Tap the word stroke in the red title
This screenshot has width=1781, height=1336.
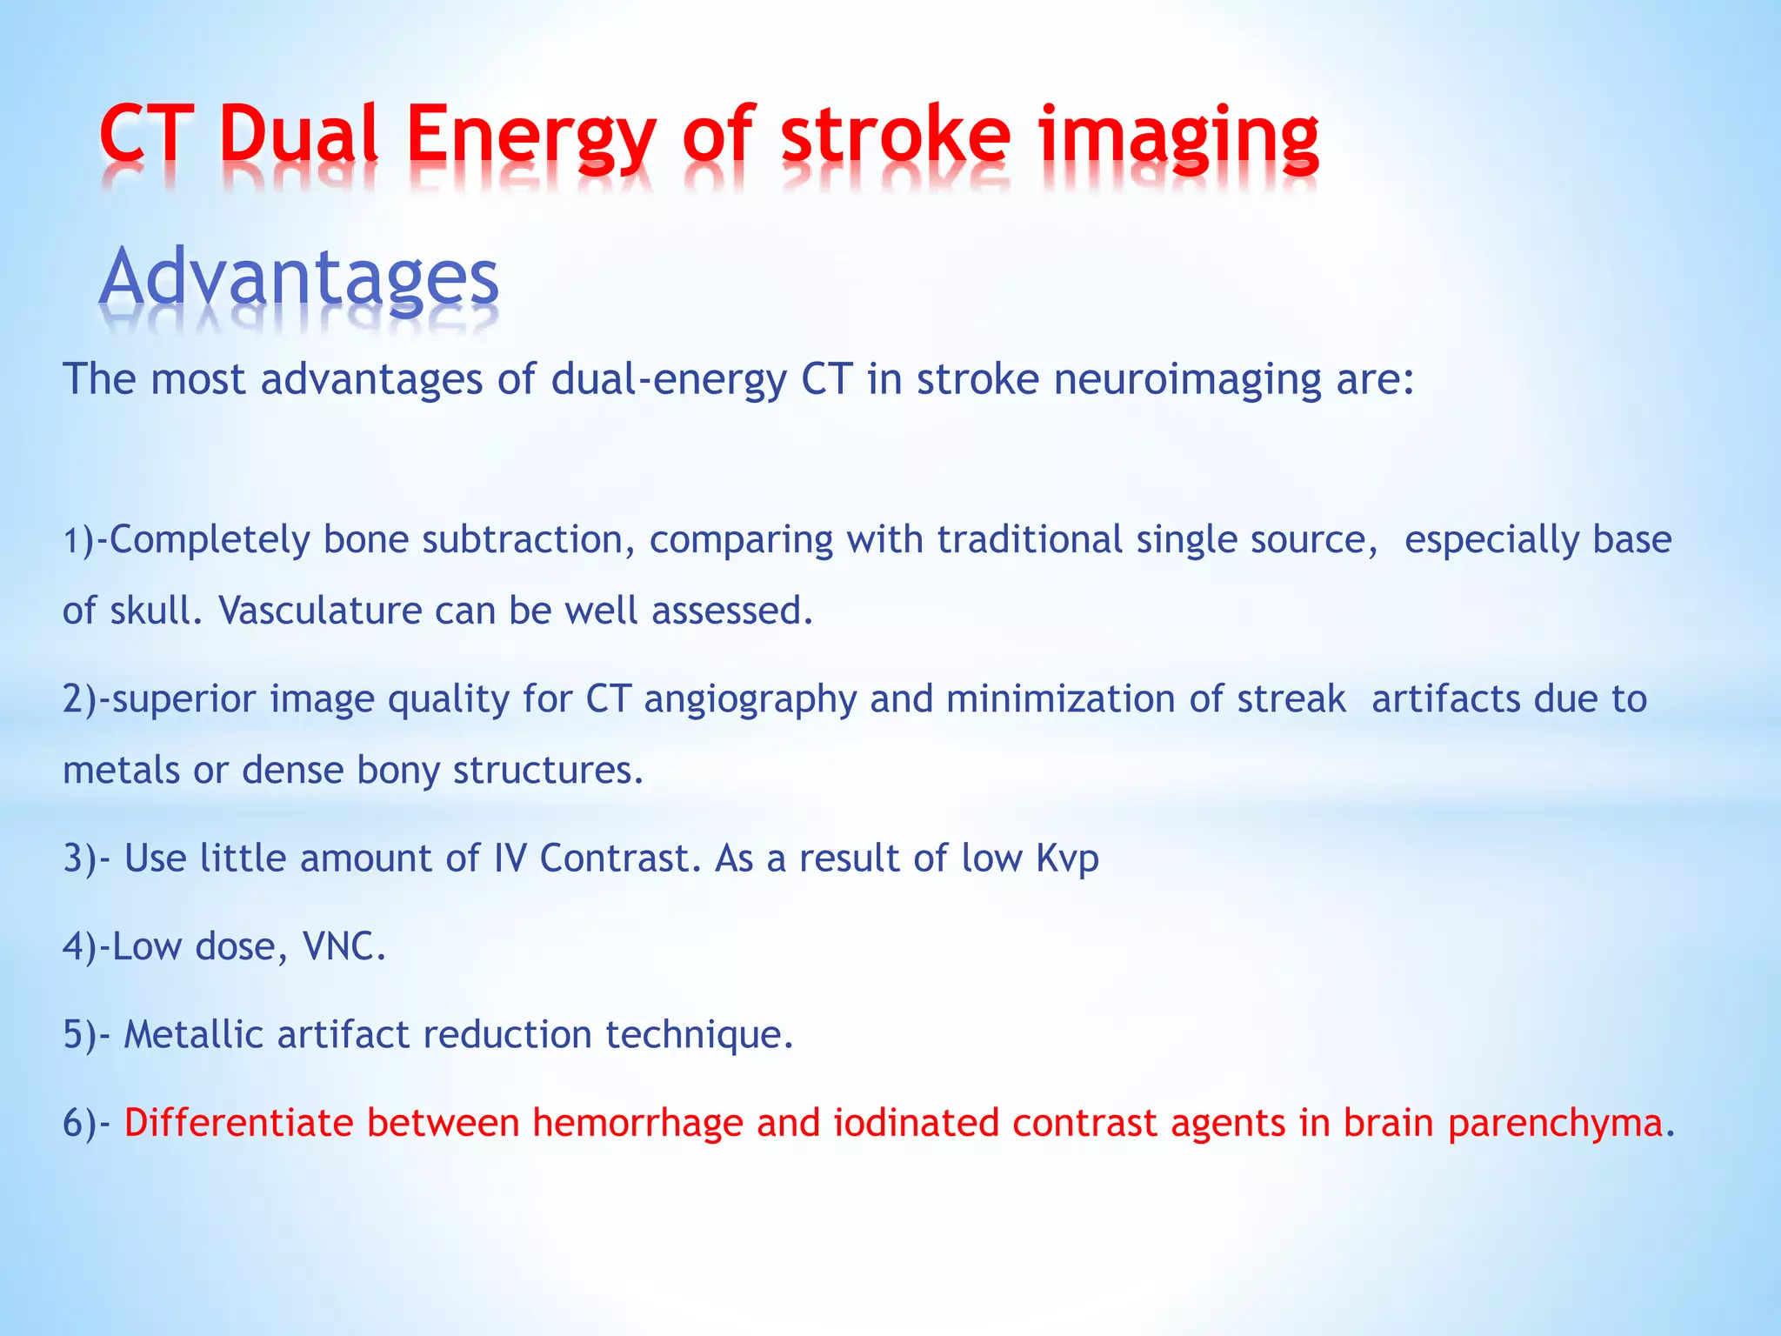pos(896,135)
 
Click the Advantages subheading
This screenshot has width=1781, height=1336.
pos(299,278)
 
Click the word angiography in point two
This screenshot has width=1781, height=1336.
pos(750,700)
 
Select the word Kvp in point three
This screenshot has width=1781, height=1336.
pos(1067,859)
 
